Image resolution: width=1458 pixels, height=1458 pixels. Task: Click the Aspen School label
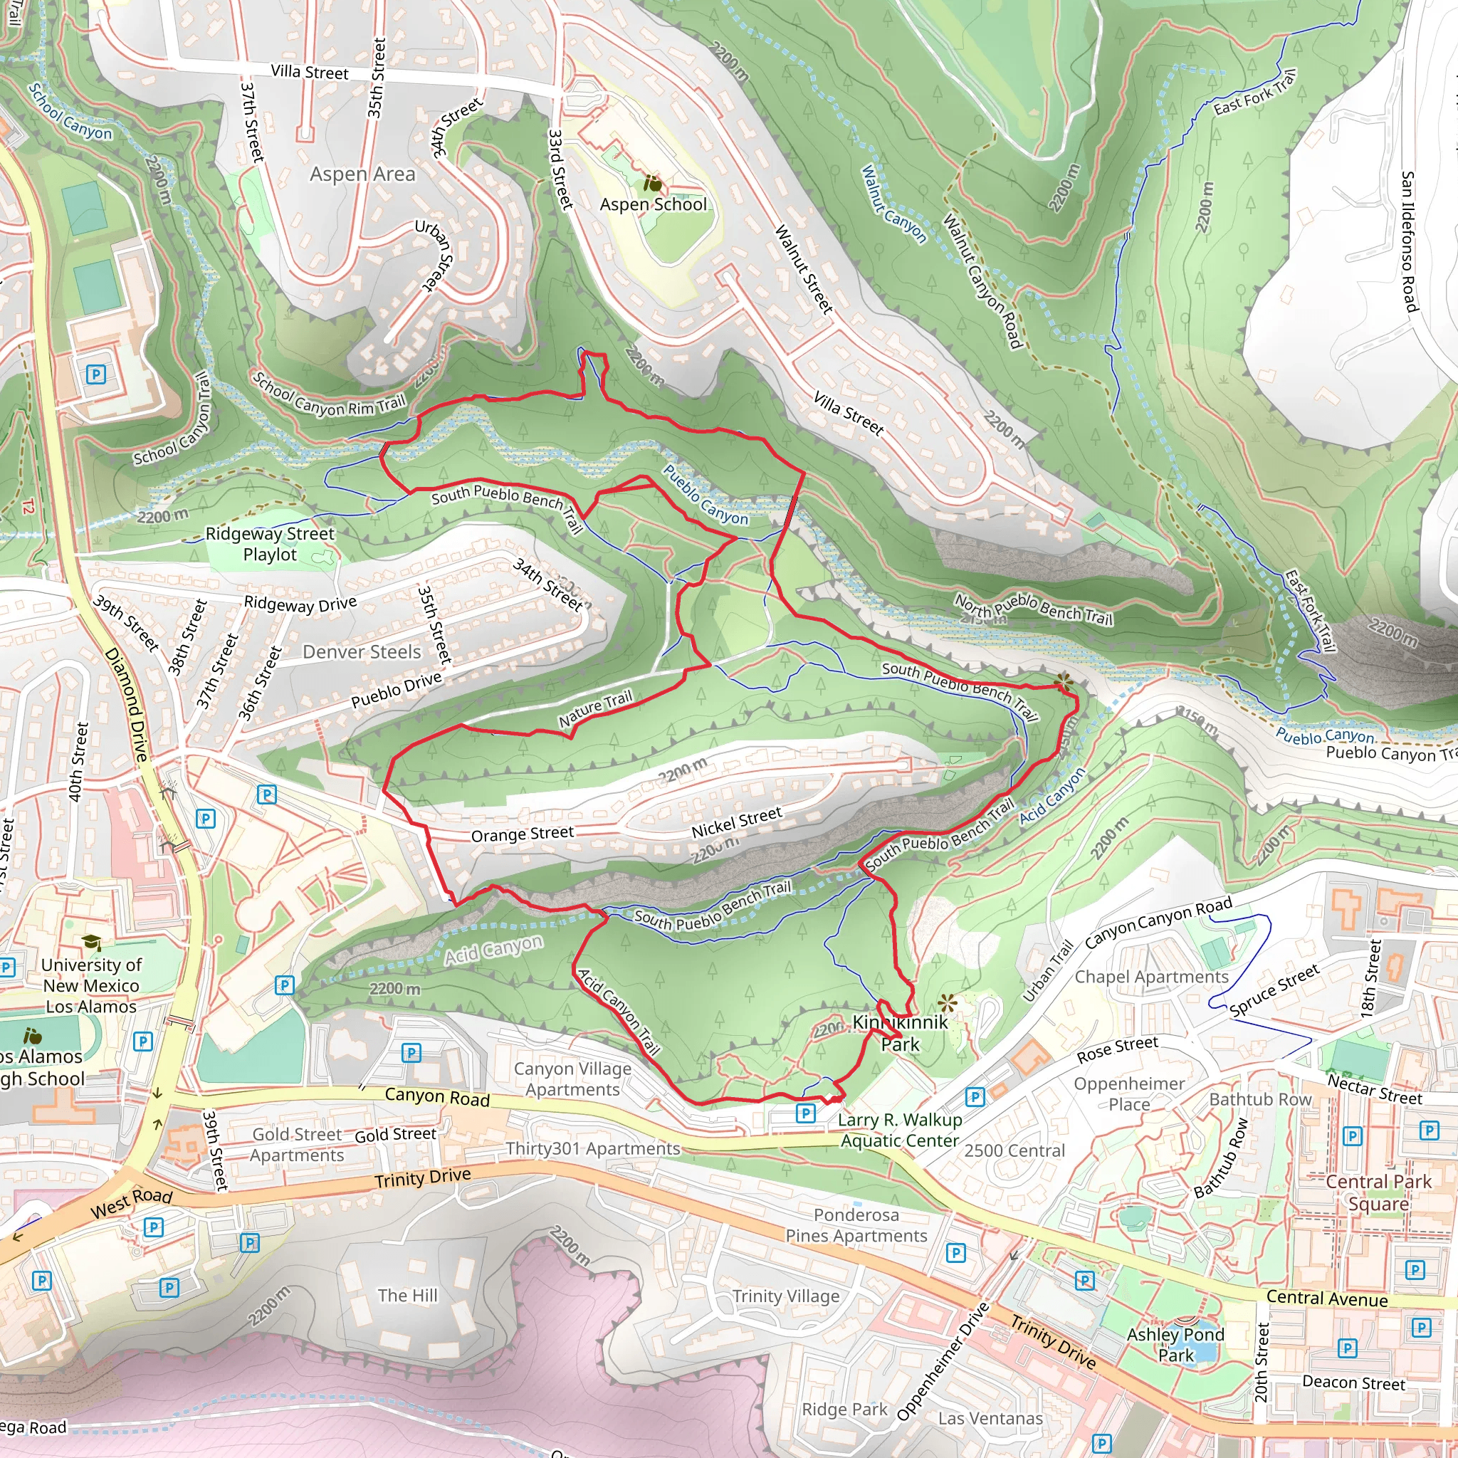click(x=654, y=204)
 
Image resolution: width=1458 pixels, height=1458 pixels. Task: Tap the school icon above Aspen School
click(x=652, y=184)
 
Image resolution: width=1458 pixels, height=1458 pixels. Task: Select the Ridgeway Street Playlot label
click(x=269, y=543)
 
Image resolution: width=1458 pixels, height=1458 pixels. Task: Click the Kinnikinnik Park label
click(x=901, y=1033)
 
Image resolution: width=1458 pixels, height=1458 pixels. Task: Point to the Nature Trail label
click(x=595, y=709)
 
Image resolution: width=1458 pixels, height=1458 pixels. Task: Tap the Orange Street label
click(x=523, y=834)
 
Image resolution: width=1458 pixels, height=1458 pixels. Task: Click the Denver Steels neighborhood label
click(x=362, y=652)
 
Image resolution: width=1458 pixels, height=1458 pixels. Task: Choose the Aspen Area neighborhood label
click(x=362, y=174)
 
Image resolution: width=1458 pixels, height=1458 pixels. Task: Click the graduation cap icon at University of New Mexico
click(x=91, y=943)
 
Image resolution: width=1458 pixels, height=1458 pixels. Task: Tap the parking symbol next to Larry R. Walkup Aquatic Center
click(x=806, y=1113)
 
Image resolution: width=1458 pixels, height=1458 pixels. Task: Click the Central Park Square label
click(x=1378, y=1193)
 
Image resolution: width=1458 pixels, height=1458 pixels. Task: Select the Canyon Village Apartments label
click(x=573, y=1079)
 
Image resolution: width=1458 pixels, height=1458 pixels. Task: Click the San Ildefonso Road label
click(x=1408, y=241)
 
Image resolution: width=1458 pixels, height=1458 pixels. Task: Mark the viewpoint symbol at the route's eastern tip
click(x=1064, y=683)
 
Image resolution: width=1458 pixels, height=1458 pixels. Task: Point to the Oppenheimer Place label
click(x=1129, y=1094)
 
